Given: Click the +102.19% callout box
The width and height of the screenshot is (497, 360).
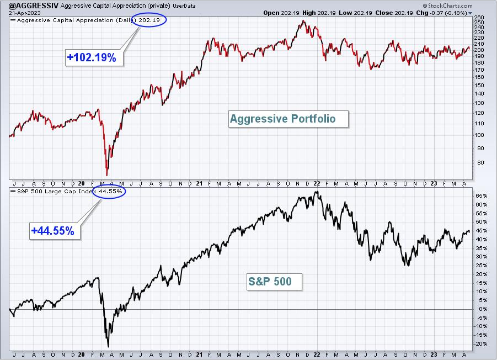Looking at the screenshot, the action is pyautogui.click(x=94, y=58).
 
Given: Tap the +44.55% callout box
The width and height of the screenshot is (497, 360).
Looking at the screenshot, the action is pyautogui.click(x=55, y=231).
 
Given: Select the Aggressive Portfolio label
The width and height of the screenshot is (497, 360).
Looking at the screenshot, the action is pyautogui.click(x=288, y=119).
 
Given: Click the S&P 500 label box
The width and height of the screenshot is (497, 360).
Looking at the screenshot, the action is pyautogui.click(x=275, y=282).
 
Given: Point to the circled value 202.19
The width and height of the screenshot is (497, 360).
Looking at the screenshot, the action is pyautogui.click(x=149, y=20).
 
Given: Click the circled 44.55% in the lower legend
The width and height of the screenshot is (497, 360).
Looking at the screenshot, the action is pyautogui.click(x=109, y=191).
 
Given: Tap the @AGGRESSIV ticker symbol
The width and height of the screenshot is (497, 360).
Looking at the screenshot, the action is pyautogui.click(x=34, y=6).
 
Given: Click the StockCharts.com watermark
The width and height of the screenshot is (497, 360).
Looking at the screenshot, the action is pyautogui.click(x=447, y=6).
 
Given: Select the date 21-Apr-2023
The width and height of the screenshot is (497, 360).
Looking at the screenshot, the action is pyautogui.click(x=22, y=13).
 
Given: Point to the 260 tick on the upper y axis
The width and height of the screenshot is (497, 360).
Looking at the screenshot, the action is pyautogui.click(x=479, y=18).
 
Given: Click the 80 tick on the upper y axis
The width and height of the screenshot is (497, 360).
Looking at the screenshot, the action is pyautogui.click(x=480, y=163).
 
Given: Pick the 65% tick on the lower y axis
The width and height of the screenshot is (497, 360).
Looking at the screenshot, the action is pyautogui.click(x=481, y=195).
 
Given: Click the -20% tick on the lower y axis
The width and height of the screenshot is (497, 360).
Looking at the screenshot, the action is pyautogui.click(x=481, y=344).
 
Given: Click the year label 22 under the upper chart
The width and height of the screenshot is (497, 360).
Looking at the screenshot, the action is pyautogui.click(x=317, y=183).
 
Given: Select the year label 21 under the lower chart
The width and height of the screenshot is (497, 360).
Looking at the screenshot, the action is pyautogui.click(x=199, y=354).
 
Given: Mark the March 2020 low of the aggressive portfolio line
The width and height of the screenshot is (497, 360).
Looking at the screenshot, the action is pyautogui.click(x=107, y=175).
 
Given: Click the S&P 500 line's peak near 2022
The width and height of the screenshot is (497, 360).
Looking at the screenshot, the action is pyautogui.click(x=316, y=192).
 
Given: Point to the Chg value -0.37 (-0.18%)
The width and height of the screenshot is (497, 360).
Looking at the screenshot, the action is pyautogui.click(x=448, y=13).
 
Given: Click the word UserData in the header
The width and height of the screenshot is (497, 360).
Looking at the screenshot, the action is pyautogui.click(x=184, y=6).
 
